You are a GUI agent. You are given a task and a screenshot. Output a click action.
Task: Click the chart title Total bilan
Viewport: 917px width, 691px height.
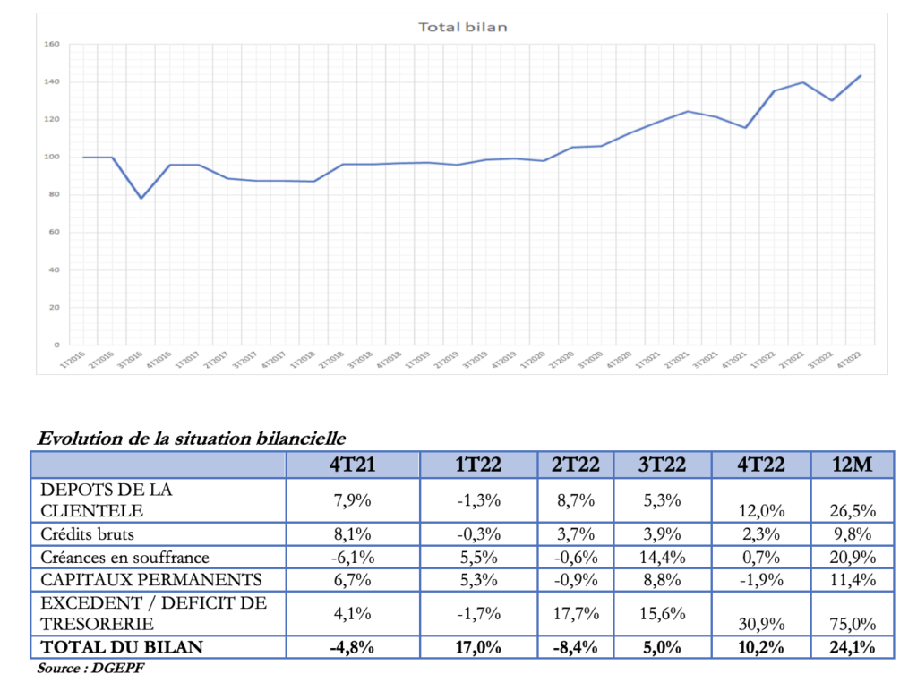(x=463, y=27)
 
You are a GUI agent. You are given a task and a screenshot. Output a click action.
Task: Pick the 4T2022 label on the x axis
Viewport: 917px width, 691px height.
(x=852, y=361)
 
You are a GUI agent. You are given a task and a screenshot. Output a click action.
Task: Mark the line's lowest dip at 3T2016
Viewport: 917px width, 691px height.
(x=141, y=198)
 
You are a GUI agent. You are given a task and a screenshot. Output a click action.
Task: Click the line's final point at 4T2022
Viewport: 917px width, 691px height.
(x=861, y=76)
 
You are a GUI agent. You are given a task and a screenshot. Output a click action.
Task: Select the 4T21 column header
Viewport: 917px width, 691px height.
(x=352, y=465)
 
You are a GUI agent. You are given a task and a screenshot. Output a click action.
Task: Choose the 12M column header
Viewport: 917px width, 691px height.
(x=853, y=465)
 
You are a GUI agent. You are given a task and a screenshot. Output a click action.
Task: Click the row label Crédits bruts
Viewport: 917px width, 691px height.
(x=87, y=533)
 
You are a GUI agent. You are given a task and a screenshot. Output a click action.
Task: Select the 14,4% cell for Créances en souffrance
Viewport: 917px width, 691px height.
(x=663, y=557)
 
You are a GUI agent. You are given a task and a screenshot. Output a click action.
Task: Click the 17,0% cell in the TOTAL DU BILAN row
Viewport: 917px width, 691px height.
(x=478, y=646)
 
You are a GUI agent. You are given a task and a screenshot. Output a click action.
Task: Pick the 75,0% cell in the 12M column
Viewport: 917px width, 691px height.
(x=853, y=624)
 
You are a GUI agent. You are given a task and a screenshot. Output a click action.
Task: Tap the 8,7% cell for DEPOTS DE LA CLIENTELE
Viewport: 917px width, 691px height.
(x=576, y=500)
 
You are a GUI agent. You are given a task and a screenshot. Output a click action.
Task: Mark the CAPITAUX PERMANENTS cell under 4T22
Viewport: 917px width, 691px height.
(x=760, y=579)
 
